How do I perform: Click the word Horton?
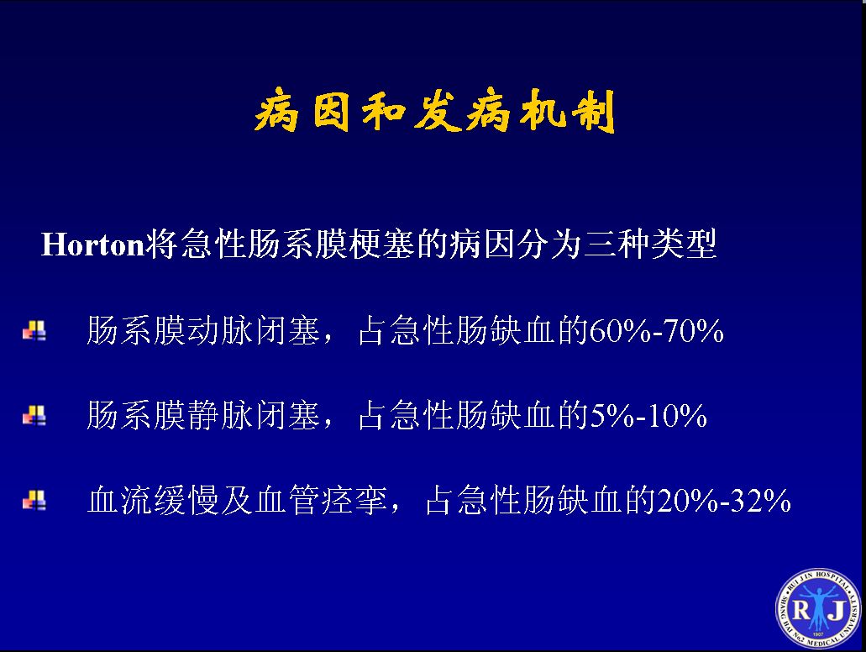click(x=92, y=244)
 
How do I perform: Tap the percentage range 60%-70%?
click(x=657, y=331)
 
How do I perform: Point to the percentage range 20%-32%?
click(x=724, y=500)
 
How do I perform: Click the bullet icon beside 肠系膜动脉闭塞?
click(x=34, y=331)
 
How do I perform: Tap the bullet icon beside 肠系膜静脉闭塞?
click(x=34, y=416)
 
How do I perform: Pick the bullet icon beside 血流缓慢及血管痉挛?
click(x=34, y=501)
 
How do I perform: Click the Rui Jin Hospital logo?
click(x=818, y=608)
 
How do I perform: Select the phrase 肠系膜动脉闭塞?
click(x=203, y=331)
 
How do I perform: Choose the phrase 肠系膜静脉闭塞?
click(x=203, y=416)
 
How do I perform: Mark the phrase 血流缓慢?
click(x=153, y=500)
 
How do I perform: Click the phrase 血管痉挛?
click(x=321, y=500)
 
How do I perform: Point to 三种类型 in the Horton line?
click(x=650, y=244)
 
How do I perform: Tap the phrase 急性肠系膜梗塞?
click(x=297, y=244)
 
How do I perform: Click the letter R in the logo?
click(x=800, y=610)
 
